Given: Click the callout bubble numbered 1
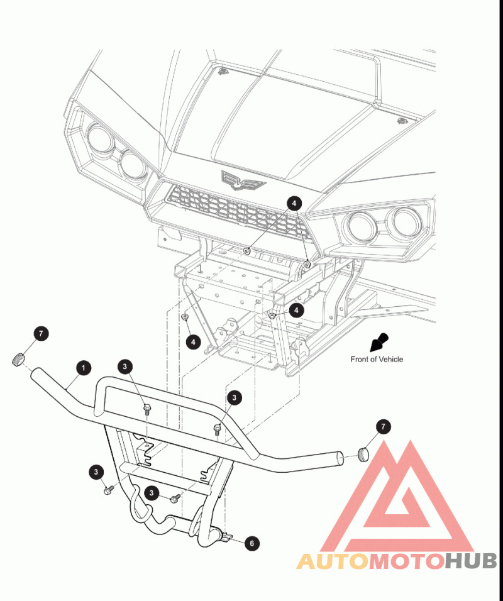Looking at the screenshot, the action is coord(84,368).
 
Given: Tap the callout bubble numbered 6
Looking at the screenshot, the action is coord(252,543).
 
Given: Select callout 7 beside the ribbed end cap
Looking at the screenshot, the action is coord(41,333).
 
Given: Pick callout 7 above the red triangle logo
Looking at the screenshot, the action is coord(383,426).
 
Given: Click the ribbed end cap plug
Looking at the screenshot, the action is coord(18,360).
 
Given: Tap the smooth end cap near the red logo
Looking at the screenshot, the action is coord(363,454).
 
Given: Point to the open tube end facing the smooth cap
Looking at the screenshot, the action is coord(340,458).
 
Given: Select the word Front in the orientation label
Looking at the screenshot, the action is coord(359,359).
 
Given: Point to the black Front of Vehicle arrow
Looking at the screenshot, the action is coord(379,342).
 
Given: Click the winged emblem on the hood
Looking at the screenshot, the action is coord(243,180).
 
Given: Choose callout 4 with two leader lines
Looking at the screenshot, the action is coord(294,203).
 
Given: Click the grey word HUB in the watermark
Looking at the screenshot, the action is coord(471,561).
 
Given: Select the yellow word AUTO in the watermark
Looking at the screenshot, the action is coord(333,561).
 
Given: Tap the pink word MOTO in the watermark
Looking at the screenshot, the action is coord(407,561).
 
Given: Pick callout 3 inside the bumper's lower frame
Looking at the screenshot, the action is coord(152,492).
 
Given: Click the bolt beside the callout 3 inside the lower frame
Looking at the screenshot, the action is coord(175,498).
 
